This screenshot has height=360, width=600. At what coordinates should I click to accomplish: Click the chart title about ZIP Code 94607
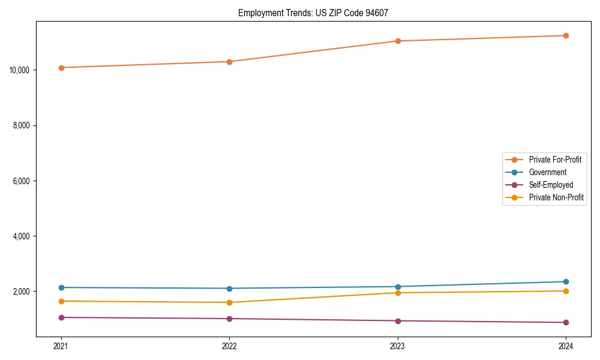pyautogui.click(x=313, y=13)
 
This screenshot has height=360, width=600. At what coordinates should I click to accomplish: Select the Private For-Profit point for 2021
pyautogui.click(x=61, y=68)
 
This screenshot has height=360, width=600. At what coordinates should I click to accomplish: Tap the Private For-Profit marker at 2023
pyautogui.click(x=398, y=41)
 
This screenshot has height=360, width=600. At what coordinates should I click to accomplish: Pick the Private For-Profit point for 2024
pyautogui.click(x=566, y=35)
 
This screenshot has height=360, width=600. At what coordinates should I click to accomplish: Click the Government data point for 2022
pyautogui.click(x=229, y=289)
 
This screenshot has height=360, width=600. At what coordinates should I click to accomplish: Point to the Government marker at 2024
pyautogui.click(x=566, y=281)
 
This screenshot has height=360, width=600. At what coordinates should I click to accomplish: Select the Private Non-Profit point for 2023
pyautogui.click(x=398, y=293)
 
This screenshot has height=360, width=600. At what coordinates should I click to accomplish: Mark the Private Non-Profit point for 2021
pyautogui.click(x=61, y=301)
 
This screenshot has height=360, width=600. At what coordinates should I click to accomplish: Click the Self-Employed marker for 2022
pyautogui.click(x=229, y=319)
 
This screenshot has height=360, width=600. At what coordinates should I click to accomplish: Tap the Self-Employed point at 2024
pyautogui.click(x=566, y=322)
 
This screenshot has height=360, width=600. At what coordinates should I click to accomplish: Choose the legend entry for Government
pyautogui.click(x=547, y=172)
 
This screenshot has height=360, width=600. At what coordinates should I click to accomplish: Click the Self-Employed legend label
pyautogui.click(x=551, y=185)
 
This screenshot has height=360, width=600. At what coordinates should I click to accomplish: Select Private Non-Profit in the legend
pyautogui.click(x=556, y=197)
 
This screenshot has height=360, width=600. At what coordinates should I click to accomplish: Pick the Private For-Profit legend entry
pyautogui.click(x=555, y=160)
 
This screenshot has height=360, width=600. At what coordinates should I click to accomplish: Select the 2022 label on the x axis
pyautogui.click(x=229, y=346)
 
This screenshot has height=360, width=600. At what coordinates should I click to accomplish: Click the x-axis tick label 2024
pyautogui.click(x=566, y=346)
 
